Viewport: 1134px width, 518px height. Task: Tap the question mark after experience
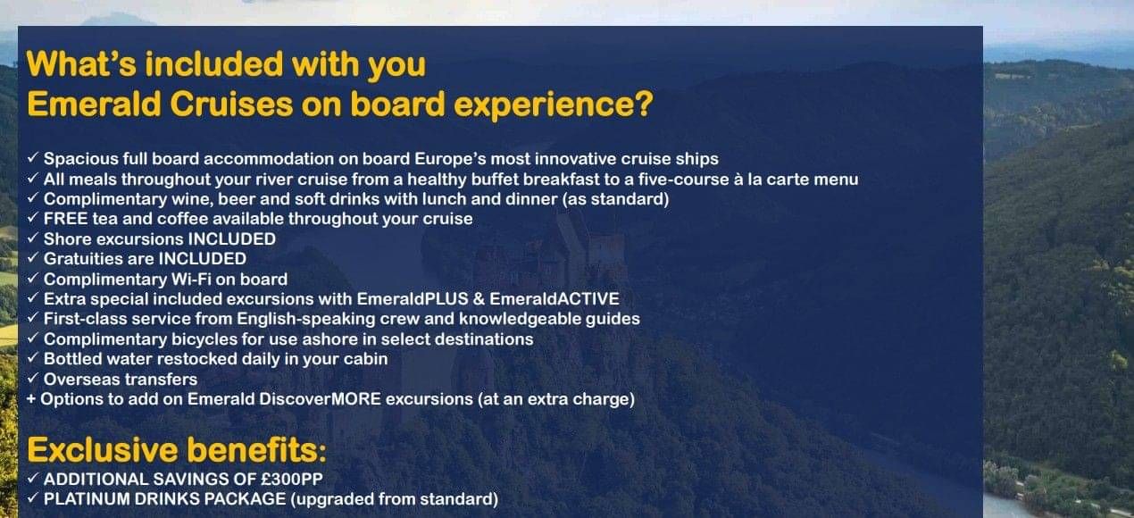[643, 104]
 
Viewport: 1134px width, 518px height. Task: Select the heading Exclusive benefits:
[177, 449]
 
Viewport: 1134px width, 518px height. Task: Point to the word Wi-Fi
[203, 279]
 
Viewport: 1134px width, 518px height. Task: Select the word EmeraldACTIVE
[554, 299]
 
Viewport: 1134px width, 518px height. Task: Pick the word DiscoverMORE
[320, 399]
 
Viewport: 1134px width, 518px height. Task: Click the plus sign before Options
[31, 399]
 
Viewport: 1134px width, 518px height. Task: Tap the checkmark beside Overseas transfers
[33, 379]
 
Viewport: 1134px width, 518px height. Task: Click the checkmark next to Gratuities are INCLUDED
[33, 258]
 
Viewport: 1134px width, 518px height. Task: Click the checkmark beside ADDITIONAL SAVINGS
[33, 478]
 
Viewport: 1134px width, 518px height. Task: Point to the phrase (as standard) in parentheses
[615, 199]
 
